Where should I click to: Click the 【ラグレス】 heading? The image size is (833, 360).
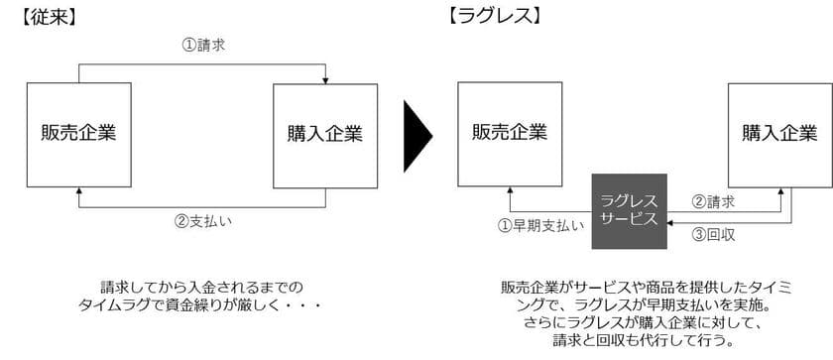click(x=493, y=17)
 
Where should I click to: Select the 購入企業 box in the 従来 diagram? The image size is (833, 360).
click(x=324, y=133)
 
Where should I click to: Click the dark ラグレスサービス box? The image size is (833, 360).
click(x=629, y=210)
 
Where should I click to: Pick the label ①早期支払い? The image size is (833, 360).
click(x=540, y=224)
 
